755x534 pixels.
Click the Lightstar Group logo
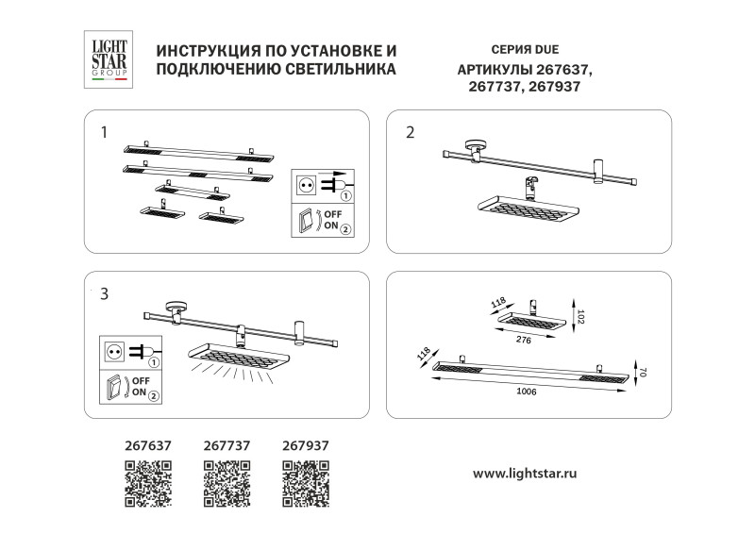click(x=107, y=58)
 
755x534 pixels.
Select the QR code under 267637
click(x=148, y=483)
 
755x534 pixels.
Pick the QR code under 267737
click(x=227, y=483)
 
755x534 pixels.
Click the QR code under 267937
click(x=306, y=483)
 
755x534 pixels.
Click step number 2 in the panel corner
click(x=410, y=132)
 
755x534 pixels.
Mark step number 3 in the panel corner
click(x=104, y=293)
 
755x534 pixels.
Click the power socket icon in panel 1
click(x=306, y=186)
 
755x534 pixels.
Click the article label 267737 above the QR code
click(x=226, y=446)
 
